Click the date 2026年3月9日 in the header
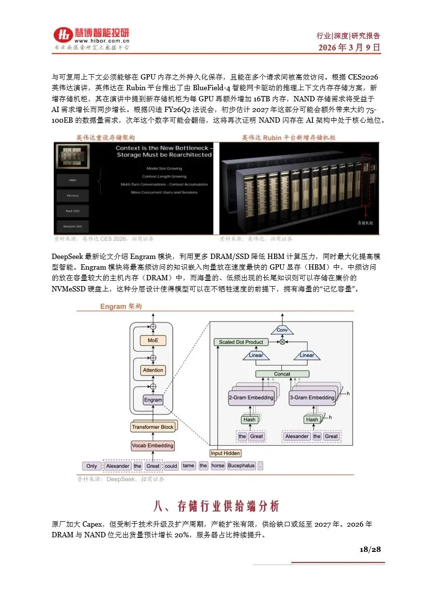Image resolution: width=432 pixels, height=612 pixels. (x=349, y=48)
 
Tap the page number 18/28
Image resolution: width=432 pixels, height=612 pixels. (x=370, y=549)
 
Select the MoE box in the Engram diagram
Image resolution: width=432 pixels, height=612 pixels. (x=153, y=340)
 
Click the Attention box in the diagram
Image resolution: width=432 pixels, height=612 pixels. (x=153, y=370)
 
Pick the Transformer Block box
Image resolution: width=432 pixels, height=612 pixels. (x=153, y=427)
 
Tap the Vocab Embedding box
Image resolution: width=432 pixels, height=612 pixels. (x=153, y=446)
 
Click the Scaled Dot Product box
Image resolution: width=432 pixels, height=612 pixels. (x=241, y=342)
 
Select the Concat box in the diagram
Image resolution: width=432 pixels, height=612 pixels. (x=282, y=374)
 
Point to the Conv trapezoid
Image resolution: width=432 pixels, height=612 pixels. (x=282, y=330)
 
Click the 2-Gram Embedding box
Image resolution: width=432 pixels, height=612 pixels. (x=251, y=398)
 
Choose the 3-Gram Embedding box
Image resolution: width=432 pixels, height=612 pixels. (x=312, y=398)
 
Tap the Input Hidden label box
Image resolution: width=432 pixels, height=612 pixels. (x=225, y=453)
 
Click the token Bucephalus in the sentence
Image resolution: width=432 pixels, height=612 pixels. (x=241, y=466)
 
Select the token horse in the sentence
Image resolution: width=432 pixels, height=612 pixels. (x=218, y=466)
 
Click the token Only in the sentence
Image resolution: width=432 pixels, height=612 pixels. (x=92, y=466)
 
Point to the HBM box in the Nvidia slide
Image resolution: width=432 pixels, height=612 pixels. (x=73, y=180)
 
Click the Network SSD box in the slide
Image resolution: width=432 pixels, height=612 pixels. (x=73, y=226)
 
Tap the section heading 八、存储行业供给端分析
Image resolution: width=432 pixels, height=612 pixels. (x=216, y=507)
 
